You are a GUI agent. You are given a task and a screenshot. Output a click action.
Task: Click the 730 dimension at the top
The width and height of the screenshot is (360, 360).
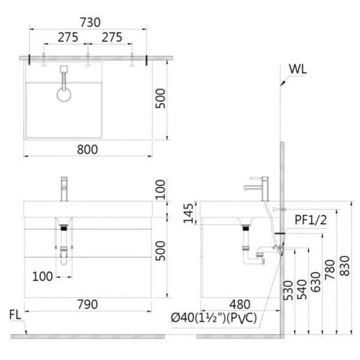pos(90,22)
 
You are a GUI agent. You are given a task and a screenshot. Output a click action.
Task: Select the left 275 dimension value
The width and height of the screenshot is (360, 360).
pos(68,37)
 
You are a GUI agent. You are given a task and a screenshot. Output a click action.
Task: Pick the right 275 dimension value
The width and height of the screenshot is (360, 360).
pos(112,37)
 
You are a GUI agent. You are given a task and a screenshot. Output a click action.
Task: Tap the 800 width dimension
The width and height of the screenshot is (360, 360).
pos(87,149)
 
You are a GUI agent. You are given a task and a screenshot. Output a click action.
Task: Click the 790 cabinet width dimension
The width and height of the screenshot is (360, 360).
pos(88,305)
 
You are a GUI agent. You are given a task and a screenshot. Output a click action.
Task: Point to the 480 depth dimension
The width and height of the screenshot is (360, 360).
pos(240,305)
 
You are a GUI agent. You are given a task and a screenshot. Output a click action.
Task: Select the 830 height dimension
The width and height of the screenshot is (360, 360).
pos(344,266)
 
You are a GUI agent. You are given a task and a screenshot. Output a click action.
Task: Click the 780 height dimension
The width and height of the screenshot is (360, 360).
pos(330,270)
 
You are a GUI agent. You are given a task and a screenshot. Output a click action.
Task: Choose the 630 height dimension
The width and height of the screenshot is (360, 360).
pos(315,282)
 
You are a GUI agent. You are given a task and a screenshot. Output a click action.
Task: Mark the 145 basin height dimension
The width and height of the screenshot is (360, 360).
pos(188,213)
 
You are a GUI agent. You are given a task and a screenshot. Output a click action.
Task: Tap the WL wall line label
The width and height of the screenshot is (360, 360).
pos(298,69)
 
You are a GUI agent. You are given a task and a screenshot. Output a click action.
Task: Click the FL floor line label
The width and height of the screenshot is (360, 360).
pos(15,315)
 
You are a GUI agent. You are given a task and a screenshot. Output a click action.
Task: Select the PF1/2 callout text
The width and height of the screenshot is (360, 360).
pos(310,220)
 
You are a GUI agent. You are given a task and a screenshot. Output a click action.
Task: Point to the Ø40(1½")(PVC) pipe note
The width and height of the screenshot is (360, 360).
pos(214,318)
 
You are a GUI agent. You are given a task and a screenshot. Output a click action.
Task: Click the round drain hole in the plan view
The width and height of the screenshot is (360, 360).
pos(64,94)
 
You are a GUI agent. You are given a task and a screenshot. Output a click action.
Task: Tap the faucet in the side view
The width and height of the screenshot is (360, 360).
pos(256,189)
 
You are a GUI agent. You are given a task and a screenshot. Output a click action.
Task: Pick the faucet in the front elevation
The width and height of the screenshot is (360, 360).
pos(64,189)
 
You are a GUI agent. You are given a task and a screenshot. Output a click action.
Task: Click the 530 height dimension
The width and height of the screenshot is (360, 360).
pos(288,290)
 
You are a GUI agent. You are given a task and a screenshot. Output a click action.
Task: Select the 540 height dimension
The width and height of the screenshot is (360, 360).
pos(302,289)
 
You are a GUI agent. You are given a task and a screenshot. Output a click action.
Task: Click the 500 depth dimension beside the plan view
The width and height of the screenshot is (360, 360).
pos(160,98)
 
